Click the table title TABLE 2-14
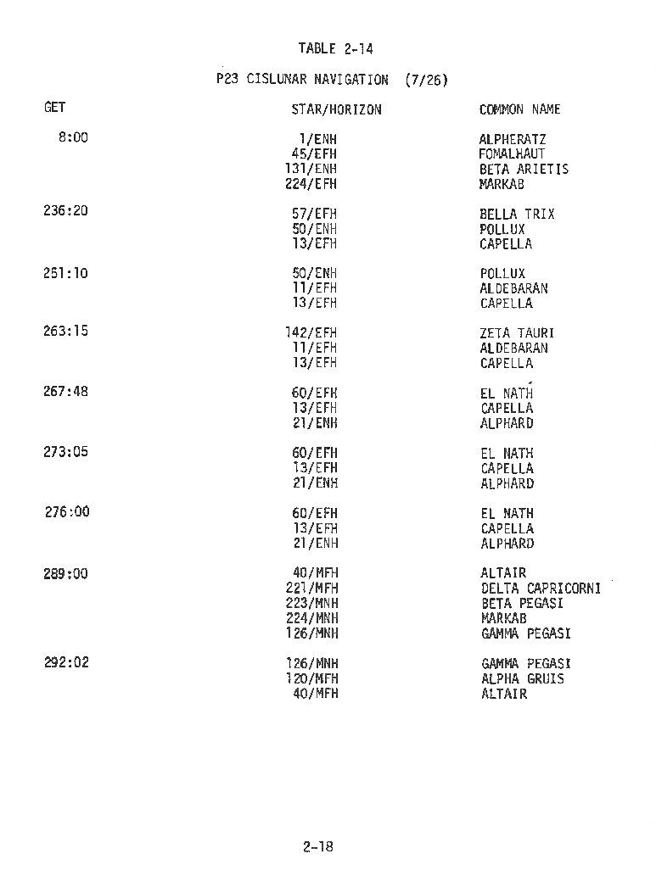335,49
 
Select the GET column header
54,108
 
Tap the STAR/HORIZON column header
336,109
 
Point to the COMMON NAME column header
519,109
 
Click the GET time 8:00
73,137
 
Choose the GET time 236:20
65,211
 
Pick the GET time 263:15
65,331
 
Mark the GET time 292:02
65,662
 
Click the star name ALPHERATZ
513,139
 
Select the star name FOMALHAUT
512,154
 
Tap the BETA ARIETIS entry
524,169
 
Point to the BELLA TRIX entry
517,215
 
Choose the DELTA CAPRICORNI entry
541,589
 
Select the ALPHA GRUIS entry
522,678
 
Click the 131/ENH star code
311,169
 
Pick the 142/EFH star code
311,333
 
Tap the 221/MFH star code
311,589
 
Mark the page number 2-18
317,845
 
